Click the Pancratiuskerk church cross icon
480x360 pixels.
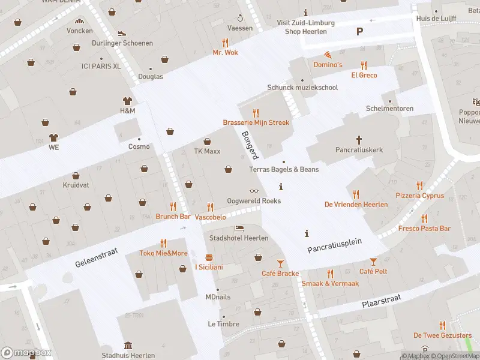tap(359, 139)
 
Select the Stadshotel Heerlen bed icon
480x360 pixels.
tap(239, 229)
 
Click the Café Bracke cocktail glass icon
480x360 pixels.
tap(280, 263)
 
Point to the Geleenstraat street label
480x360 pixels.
tap(97, 256)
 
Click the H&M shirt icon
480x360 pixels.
tap(127, 101)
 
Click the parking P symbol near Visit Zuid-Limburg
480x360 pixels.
tap(360, 31)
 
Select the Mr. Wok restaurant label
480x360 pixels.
tap(225, 52)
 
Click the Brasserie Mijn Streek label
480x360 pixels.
tap(256, 122)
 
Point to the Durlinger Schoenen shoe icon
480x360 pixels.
tap(122, 34)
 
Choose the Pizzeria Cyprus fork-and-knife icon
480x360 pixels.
tap(419, 185)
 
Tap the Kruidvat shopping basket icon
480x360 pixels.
tap(76, 175)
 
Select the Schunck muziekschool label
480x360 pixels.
tap(302, 88)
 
